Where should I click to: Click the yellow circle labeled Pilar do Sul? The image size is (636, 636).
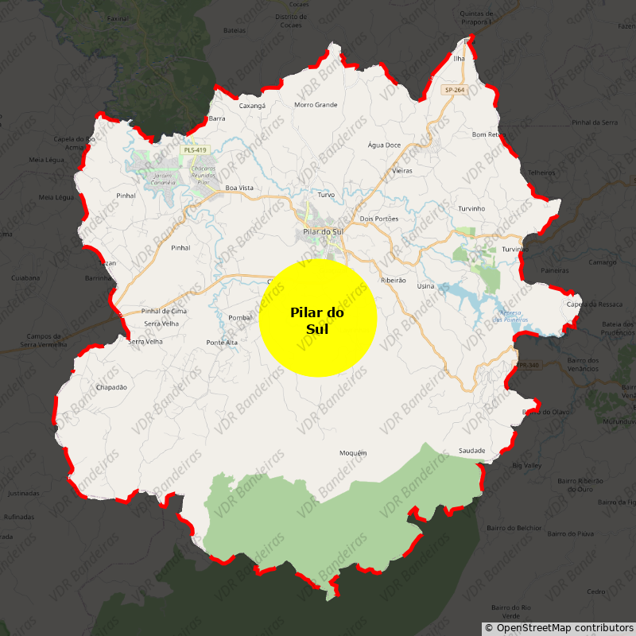pos(317,317)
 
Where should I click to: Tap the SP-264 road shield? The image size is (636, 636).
pos(454,91)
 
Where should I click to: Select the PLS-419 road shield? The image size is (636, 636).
pos(194,150)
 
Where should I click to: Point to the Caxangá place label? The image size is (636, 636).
pos(252,105)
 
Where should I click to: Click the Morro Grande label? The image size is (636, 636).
pos(316,105)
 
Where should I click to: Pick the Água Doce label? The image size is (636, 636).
pos(384,145)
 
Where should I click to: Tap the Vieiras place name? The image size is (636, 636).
pos(402,171)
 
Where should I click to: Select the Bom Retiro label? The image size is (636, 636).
pos(488,134)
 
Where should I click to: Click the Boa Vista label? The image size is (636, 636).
pos(239,188)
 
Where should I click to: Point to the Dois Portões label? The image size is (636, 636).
pos(378,219)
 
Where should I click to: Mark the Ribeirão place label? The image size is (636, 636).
pos(394,281)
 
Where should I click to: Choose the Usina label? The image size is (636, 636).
pos(425,286)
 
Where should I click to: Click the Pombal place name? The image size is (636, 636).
pos(240,317)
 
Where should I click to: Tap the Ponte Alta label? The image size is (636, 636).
pos(222,343)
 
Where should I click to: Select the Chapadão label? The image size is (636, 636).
pos(111,387)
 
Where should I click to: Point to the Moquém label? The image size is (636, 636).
pos(353,453)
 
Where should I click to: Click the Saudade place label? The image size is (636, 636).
pos(471,451)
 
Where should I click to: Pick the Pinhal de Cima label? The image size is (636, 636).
pos(164,311)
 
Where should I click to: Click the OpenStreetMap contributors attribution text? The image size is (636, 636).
pos(559,628)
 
